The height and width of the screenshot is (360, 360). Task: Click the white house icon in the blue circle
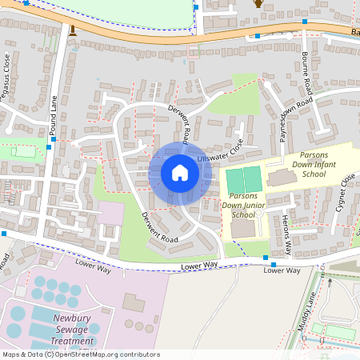click(x=180, y=173)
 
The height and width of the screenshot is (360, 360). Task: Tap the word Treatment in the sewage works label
click(x=73, y=340)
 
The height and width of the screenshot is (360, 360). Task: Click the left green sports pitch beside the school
click(x=234, y=180)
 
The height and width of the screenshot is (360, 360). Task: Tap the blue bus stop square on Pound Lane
click(x=53, y=139)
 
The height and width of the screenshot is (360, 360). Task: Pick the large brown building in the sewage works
click(x=134, y=303)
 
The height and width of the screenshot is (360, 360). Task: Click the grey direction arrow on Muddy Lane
click(x=328, y=282)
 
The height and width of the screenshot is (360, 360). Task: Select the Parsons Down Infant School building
click(x=281, y=177)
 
